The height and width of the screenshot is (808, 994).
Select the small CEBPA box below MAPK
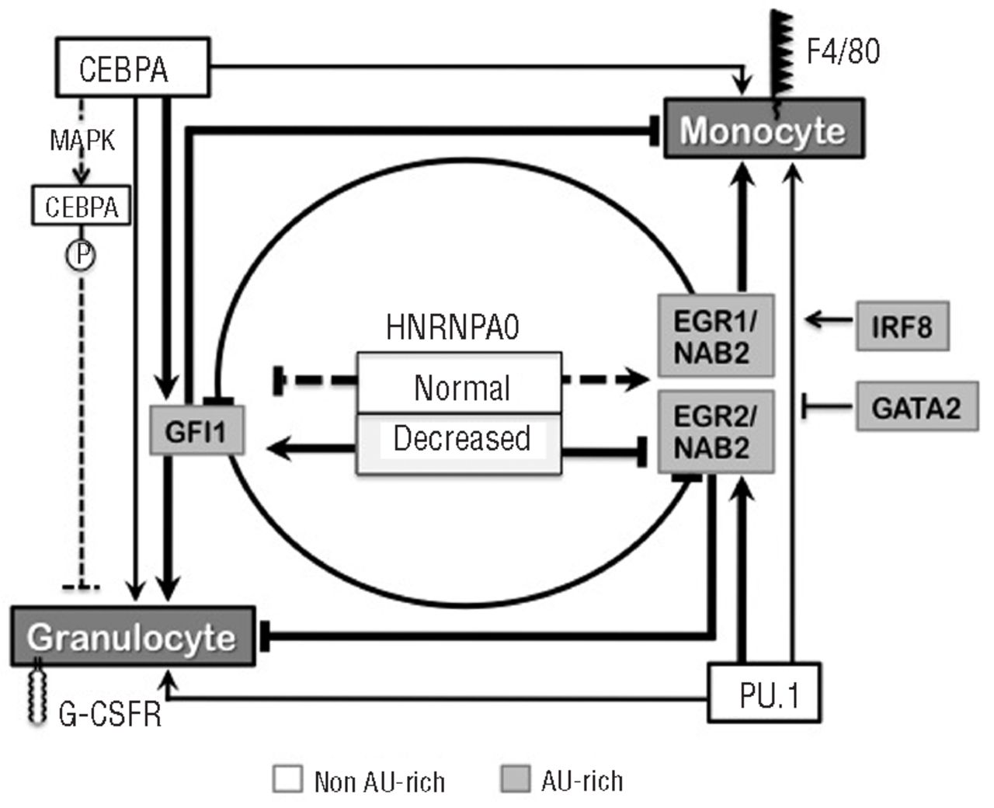click(x=81, y=207)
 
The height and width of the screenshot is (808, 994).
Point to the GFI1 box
click(x=197, y=430)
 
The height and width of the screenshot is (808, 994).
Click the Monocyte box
click(x=763, y=128)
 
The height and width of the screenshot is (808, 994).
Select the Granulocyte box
click(x=133, y=636)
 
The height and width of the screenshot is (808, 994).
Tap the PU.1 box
click(x=764, y=692)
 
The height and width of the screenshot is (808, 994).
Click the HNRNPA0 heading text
click(x=453, y=328)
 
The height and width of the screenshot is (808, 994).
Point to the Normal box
click(x=458, y=385)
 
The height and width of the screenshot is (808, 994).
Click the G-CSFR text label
click(x=110, y=712)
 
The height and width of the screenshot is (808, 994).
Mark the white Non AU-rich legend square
click(x=287, y=779)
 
